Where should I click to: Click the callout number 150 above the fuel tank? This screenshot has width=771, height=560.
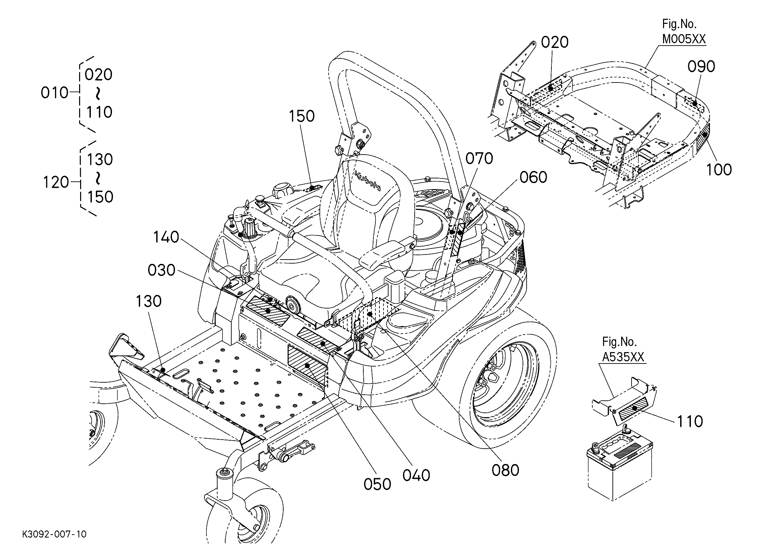(302, 116)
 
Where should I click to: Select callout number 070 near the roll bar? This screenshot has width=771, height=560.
(479, 159)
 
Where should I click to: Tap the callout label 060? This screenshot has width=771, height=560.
(533, 177)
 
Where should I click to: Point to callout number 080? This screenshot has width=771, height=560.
(505, 470)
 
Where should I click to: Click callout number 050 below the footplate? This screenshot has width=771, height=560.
(377, 485)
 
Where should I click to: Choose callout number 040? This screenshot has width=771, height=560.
(416, 475)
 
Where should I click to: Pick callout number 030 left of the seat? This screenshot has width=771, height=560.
(162, 271)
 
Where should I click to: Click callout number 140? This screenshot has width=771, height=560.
(166, 237)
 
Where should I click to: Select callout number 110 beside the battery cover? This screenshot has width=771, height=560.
(690, 422)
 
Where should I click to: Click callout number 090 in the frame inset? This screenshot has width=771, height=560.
(701, 67)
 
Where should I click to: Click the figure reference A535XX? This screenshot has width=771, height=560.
(623, 357)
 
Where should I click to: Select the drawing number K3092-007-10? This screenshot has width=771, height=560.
(54, 535)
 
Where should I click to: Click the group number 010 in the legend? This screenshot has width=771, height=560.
(54, 93)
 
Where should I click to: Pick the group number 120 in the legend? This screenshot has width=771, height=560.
(56, 182)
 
